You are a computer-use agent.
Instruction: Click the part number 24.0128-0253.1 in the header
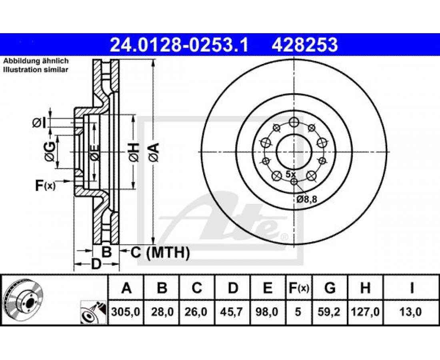(179, 45)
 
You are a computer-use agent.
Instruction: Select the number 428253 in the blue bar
(304, 45)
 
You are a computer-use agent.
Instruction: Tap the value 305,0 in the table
(126, 312)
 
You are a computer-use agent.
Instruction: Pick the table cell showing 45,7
(233, 312)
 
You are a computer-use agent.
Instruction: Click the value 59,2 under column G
(330, 312)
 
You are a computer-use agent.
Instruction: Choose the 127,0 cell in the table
(365, 312)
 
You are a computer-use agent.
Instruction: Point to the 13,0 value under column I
(411, 312)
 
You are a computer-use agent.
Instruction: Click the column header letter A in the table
(126, 288)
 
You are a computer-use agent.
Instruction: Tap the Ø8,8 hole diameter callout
(307, 199)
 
